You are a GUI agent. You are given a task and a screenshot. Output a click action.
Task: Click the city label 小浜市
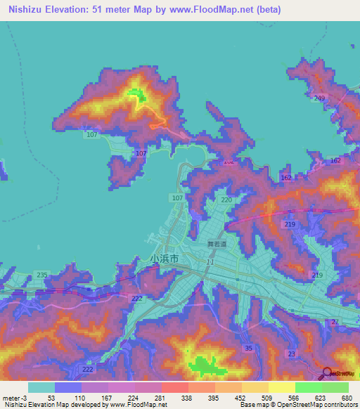tap(165, 258)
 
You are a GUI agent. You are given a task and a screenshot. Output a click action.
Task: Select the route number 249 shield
tap(320, 98)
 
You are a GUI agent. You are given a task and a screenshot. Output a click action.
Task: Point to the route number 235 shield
tap(42, 275)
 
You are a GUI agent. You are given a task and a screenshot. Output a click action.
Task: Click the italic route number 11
tap(210, 261)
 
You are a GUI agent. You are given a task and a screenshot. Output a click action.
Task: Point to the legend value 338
tap(188, 397)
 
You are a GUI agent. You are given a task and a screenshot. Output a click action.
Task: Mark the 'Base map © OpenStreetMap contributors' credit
tap(298, 405)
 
